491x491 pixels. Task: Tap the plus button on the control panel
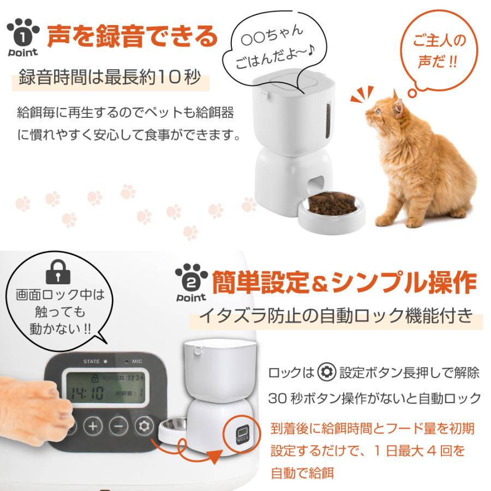point(93,426)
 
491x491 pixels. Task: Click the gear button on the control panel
point(144,426)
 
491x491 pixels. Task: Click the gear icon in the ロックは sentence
point(325,374)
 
